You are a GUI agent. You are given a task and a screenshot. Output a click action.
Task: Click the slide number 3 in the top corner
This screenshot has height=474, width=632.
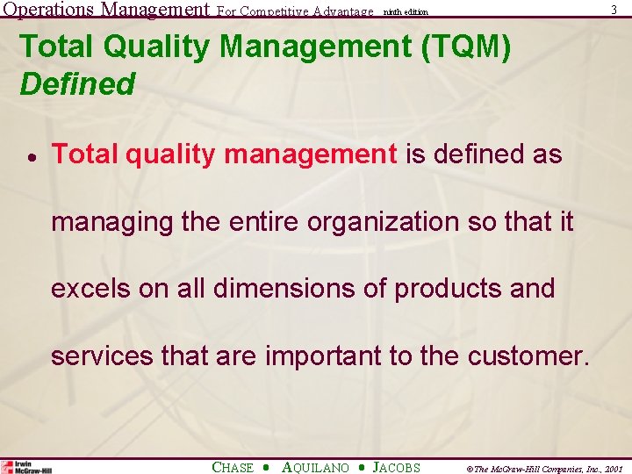point(614,10)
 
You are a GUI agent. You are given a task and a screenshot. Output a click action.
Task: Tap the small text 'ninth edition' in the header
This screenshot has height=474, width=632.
point(406,11)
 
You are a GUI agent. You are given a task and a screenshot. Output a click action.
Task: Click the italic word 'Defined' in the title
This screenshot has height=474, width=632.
point(77,84)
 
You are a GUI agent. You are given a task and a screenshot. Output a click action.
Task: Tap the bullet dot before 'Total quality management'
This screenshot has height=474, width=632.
point(29,156)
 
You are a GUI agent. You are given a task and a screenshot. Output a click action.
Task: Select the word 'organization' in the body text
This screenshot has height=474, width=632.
point(384,222)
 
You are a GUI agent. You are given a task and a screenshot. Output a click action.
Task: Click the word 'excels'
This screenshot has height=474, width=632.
point(90,289)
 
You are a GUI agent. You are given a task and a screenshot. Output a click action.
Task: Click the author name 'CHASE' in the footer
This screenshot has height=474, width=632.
point(233,467)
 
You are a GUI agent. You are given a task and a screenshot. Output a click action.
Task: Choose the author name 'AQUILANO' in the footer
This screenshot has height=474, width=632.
point(315,467)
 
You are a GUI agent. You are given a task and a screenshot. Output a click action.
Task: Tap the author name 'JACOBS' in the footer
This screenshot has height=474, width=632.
point(396,467)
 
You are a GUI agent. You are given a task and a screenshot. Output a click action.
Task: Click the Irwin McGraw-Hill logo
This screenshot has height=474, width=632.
point(27,467)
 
